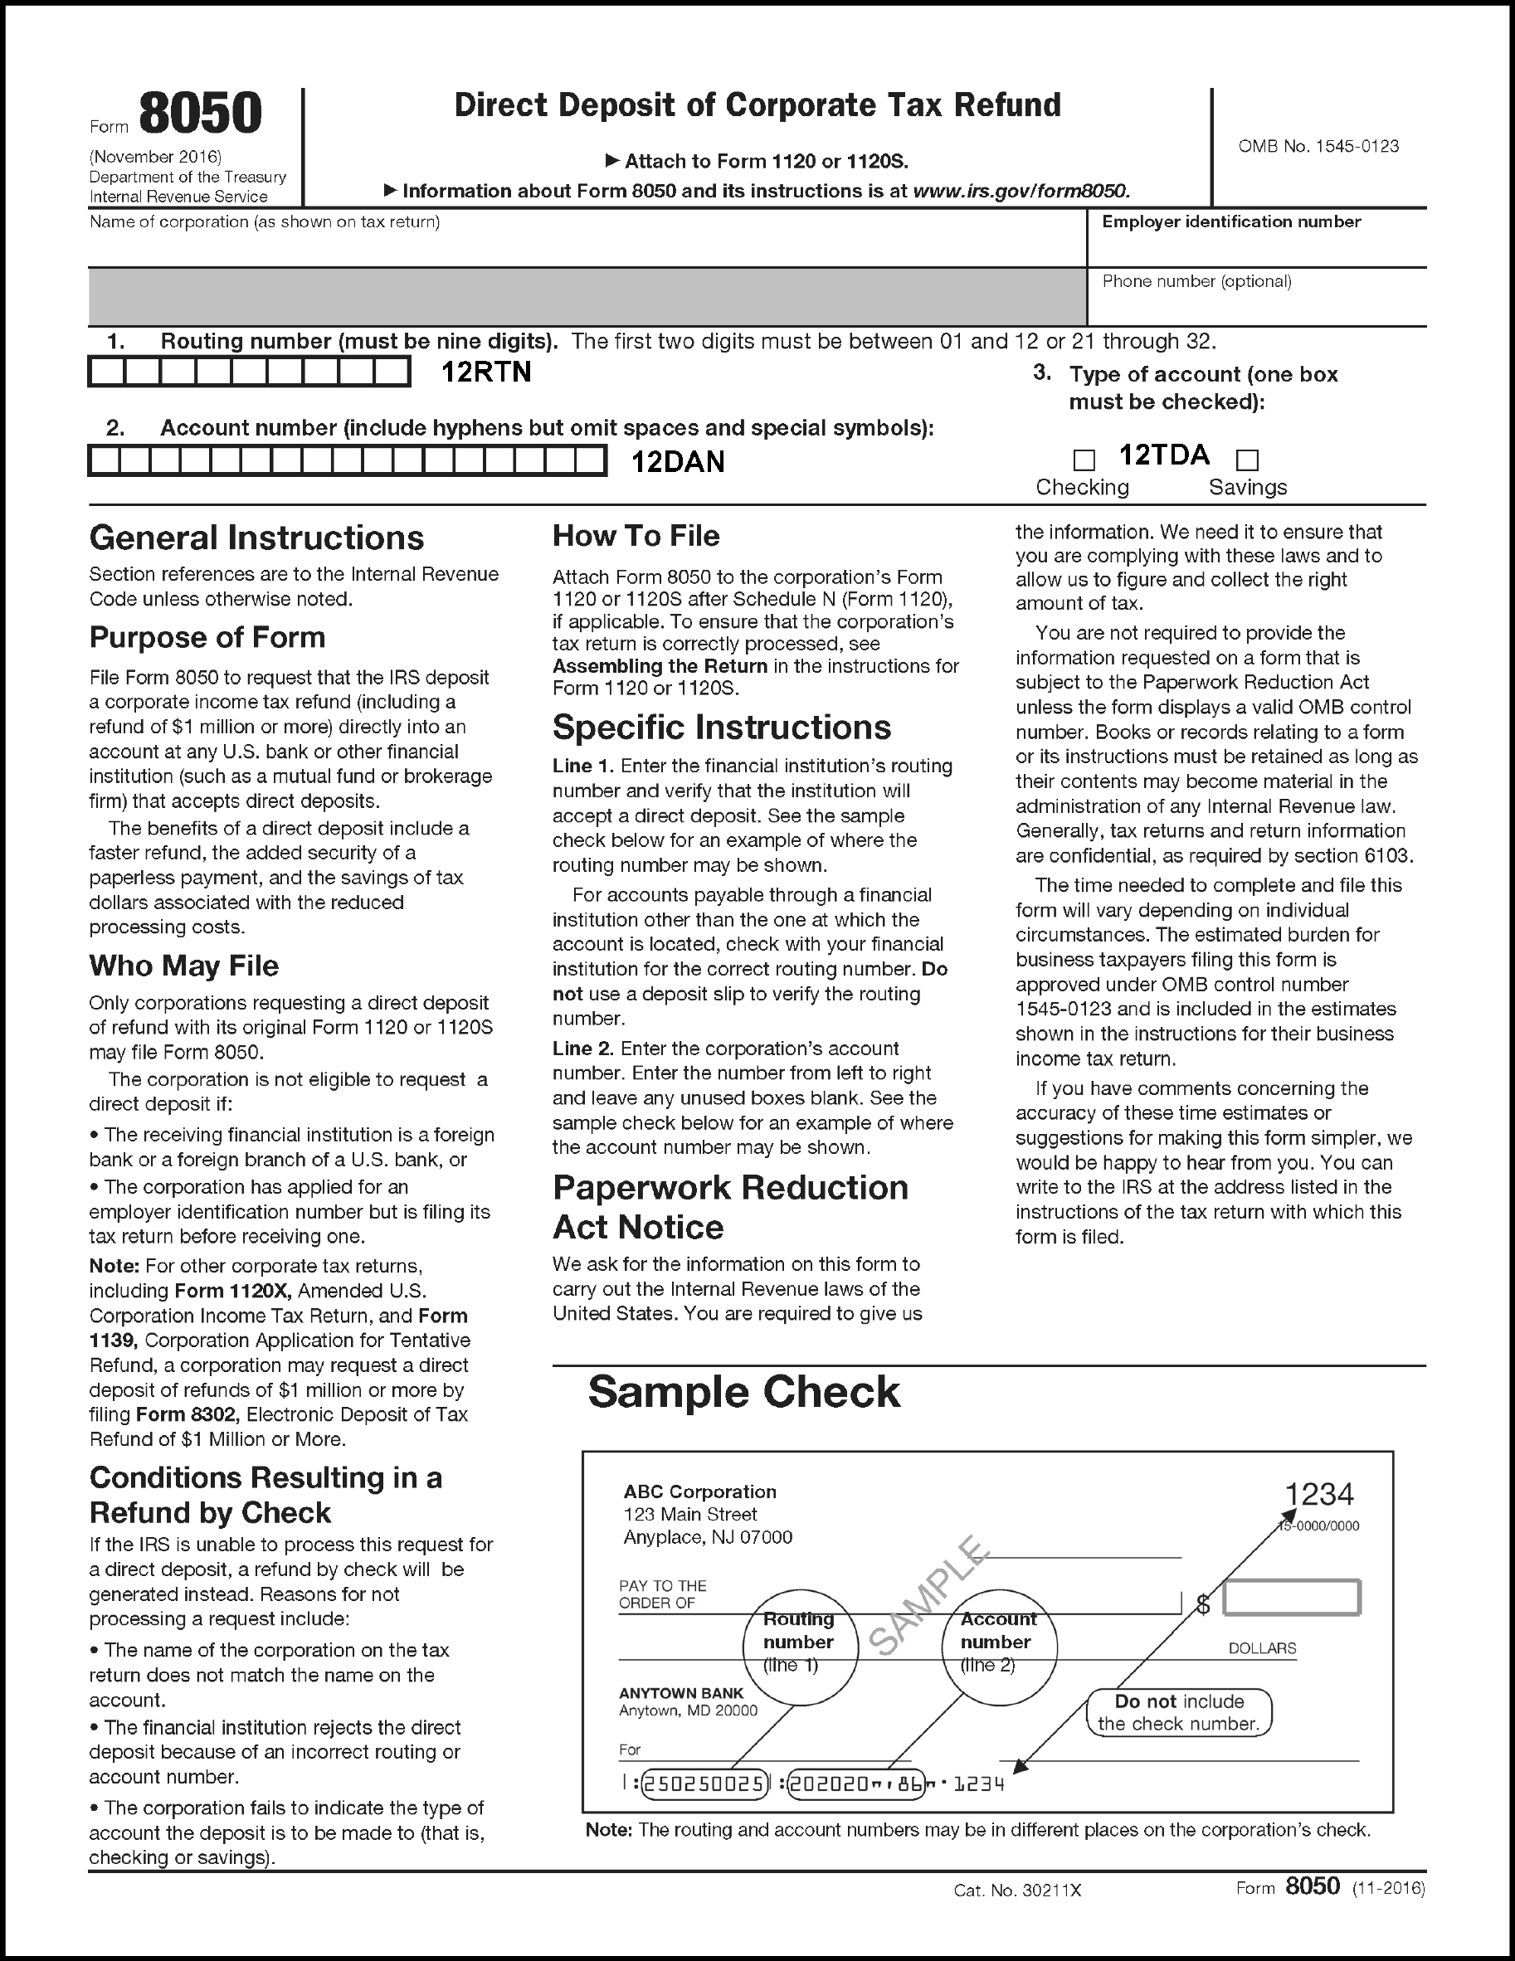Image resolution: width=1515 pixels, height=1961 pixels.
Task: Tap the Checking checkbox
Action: tap(1084, 460)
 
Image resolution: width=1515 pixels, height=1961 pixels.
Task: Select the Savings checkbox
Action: tap(1247, 460)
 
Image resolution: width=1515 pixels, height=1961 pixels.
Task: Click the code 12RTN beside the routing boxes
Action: tap(486, 372)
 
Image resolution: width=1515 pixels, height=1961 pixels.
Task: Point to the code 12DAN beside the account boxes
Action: tap(677, 461)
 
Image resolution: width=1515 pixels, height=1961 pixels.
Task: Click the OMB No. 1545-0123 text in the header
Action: tap(1318, 146)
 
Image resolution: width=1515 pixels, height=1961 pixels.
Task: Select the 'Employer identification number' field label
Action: tap(1230, 221)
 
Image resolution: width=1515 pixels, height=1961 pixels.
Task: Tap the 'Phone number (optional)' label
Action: tap(1196, 281)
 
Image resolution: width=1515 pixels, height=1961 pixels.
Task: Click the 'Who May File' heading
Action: tap(184, 966)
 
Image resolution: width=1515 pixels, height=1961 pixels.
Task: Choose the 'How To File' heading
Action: tap(636, 536)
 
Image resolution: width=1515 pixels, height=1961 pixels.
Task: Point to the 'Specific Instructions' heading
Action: tap(721, 727)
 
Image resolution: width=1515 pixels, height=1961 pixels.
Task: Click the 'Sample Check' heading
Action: tap(743, 1392)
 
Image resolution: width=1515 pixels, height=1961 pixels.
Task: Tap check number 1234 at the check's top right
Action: tap(1318, 1494)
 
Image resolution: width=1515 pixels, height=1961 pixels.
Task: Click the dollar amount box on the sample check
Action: tap(1291, 1598)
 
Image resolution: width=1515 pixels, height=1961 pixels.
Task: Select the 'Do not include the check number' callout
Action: tap(1179, 1712)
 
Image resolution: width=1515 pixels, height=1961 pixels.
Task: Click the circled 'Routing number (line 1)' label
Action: tap(798, 1642)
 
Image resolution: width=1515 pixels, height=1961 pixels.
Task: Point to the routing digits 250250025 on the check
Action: tap(705, 1783)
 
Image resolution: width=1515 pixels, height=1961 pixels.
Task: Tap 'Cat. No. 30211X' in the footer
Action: tap(1016, 1890)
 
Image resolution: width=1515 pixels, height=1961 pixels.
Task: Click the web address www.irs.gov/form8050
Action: tap(1021, 192)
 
